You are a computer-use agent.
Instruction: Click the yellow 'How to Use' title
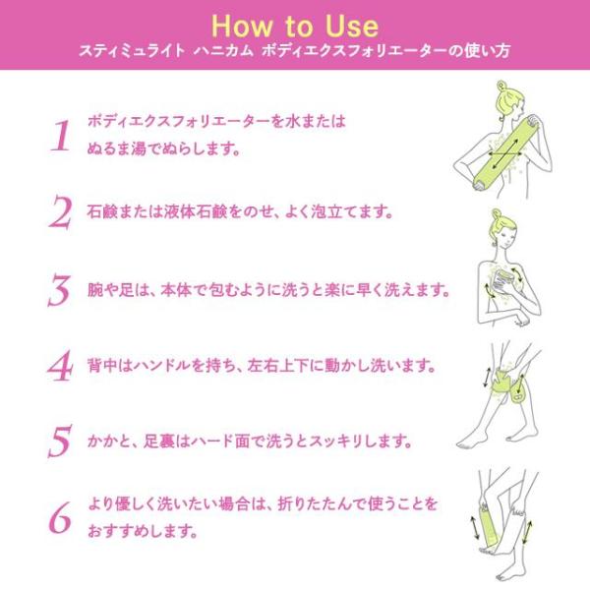point(295,26)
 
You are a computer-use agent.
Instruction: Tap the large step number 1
point(61,136)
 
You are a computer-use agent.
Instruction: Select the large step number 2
point(60,211)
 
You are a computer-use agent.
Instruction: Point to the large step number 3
point(59,290)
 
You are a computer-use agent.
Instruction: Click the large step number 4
point(60,366)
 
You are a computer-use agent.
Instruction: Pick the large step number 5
point(60,441)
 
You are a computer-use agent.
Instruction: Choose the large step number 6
point(60,518)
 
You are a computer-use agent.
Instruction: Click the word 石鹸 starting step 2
point(102,211)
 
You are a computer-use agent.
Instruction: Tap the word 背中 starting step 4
point(102,366)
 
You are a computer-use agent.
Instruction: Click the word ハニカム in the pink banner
point(223,50)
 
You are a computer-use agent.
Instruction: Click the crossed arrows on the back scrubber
point(505,153)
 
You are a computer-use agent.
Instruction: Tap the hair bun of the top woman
point(501,86)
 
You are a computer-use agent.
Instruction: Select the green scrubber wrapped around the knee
point(504,383)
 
